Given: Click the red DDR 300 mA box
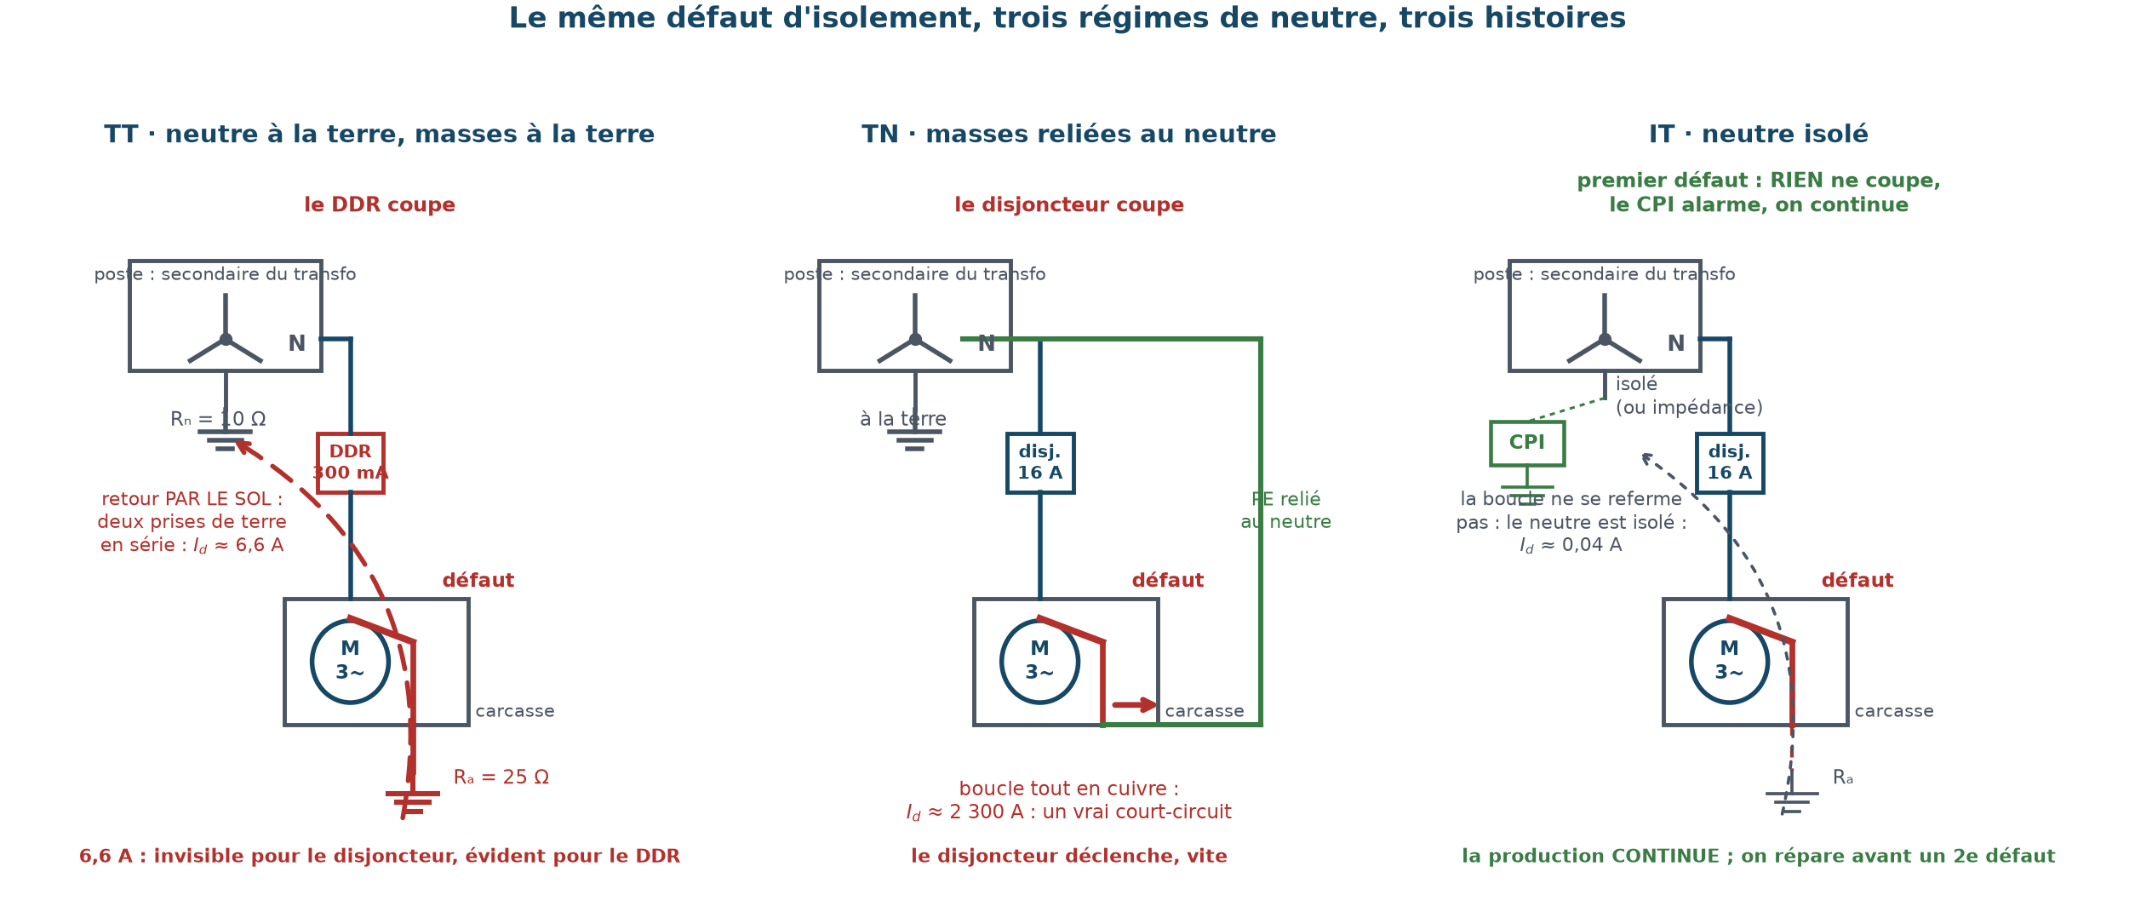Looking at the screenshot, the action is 350,463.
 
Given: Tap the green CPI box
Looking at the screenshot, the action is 1527,444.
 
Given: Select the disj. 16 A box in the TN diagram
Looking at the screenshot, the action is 1040,463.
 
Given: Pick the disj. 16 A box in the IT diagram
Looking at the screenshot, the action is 1730,463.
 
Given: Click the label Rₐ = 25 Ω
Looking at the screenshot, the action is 501,777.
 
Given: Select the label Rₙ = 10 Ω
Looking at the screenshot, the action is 218,420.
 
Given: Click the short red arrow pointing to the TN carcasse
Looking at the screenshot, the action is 1135,705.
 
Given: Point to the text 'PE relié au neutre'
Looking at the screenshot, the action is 1285,511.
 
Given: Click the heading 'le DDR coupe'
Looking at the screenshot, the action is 380,205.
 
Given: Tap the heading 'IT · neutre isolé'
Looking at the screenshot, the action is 1759,135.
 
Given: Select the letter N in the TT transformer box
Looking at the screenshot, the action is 296,344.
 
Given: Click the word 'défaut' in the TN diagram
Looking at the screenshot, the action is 1168,581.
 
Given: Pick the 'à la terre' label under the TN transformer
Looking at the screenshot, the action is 903,420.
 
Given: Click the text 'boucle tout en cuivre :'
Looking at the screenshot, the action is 1069,789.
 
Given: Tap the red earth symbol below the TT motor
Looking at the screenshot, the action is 413,803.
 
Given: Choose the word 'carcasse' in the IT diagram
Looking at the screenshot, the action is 1894,712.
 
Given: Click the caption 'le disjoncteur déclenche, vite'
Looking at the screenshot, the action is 1069,857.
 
